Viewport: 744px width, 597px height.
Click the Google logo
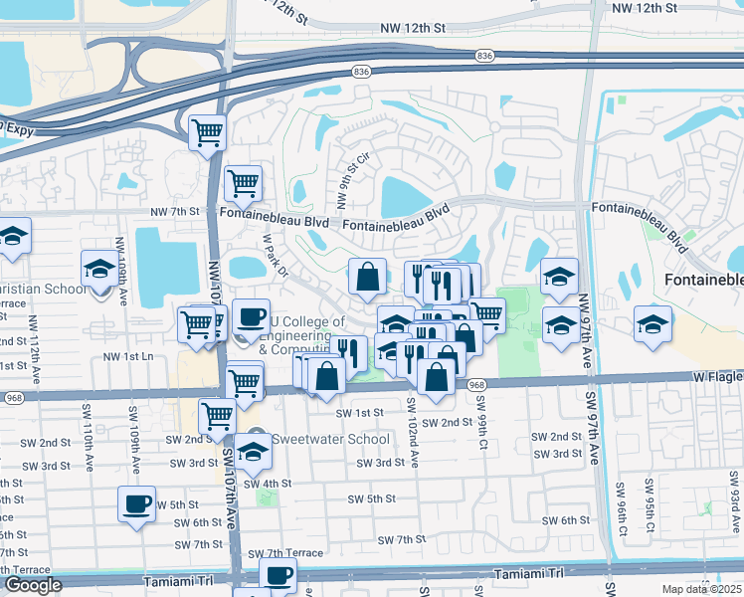[x=32, y=585]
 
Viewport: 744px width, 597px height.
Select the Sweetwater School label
[x=315, y=439]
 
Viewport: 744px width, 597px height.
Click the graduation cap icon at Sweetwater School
[x=253, y=452]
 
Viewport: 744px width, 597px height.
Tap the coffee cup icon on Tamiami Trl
[x=278, y=574]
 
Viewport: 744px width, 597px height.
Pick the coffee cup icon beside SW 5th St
[x=136, y=503]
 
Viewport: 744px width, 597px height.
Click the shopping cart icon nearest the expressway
[x=207, y=132]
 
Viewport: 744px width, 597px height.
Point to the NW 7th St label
[x=175, y=212]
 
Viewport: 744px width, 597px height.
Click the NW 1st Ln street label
[x=131, y=356]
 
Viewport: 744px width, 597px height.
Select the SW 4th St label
[x=270, y=484]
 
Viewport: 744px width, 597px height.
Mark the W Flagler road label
[x=717, y=377]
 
